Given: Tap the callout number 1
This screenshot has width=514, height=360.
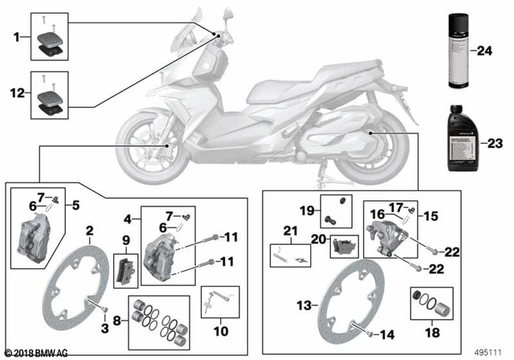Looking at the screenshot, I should click(15, 36).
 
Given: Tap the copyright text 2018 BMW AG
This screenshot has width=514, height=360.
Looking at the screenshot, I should click(32, 352).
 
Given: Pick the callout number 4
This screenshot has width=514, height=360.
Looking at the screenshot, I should click(127, 219).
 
